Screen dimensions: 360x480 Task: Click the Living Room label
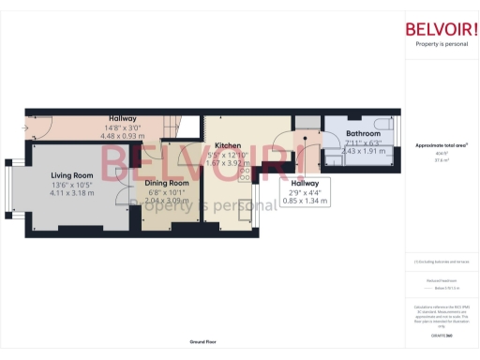coord(71,175)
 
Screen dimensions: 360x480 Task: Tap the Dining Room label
coord(166,183)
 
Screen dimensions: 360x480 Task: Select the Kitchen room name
coord(229,146)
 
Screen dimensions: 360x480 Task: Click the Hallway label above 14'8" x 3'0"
coord(122,119)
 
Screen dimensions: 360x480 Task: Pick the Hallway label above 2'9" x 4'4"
coord(305,183)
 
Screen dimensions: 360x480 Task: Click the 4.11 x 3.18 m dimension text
coord(71,193)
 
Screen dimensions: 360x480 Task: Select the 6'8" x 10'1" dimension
coord(166,192)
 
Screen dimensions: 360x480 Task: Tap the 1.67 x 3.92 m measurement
coord(229,163)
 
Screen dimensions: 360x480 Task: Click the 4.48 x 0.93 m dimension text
coord(122,136)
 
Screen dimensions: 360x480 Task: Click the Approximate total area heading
coord(441,146)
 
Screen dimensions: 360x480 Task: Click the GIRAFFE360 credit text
coord(441,334)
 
